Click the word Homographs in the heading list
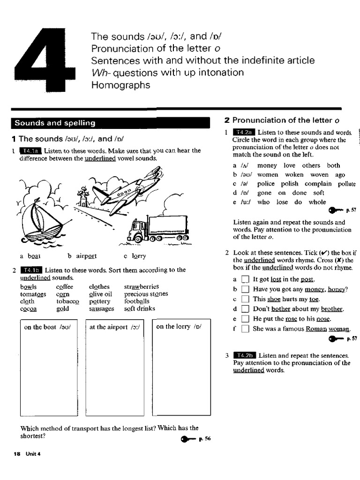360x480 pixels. click(x=120, y=85)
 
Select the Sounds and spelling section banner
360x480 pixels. click(x=111, y=123)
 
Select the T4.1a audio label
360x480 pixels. click(x=30, y=151)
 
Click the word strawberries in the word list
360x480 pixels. click(x=141, y=286)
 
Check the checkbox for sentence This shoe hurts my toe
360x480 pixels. click(x=244, y=299)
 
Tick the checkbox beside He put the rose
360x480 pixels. click(x=244, y=319)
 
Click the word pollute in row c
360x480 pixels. click(x=346, y=184)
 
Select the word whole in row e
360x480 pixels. click(x=317, y=202)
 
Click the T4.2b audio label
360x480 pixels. click(x=244, y=355)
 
